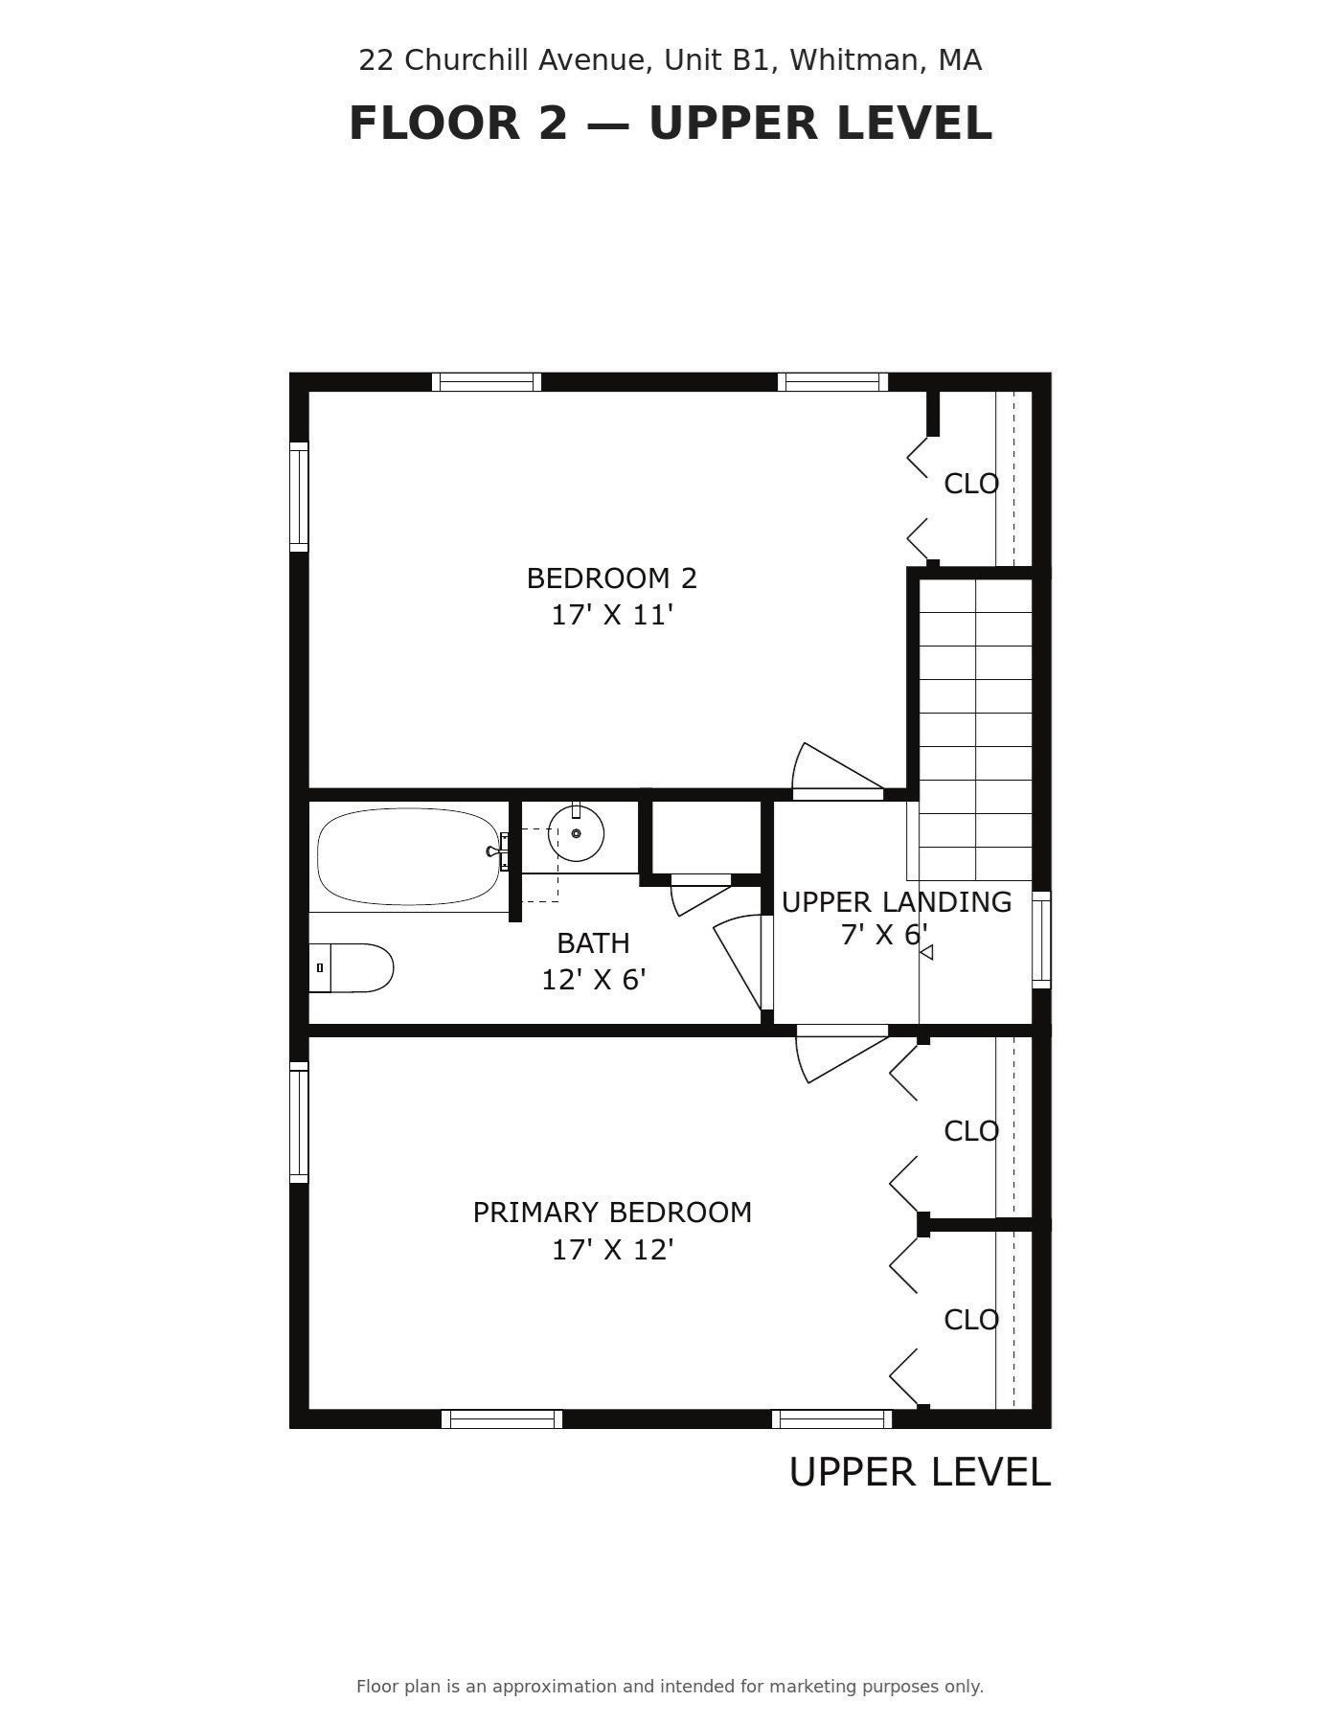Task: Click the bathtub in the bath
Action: pos(408,856)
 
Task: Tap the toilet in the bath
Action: pos(351,967)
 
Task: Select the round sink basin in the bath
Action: pos(576,833)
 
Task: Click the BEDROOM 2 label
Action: pos(612,578)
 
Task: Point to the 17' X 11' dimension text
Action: pos(612,615)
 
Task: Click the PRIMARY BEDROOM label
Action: pos(612,1213)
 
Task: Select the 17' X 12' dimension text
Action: pos(612,1250)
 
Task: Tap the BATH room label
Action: pos(593,943)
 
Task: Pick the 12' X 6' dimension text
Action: pos(593,980)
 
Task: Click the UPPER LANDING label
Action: pos(897,902)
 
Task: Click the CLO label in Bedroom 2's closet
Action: pos(971,484)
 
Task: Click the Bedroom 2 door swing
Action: pos(837,769)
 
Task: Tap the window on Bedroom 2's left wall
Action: pos(299,496)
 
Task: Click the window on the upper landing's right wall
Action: pos(1041,940)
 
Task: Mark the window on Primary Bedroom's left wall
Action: pos(299,1123)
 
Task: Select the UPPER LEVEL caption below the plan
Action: pos(920,1472)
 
